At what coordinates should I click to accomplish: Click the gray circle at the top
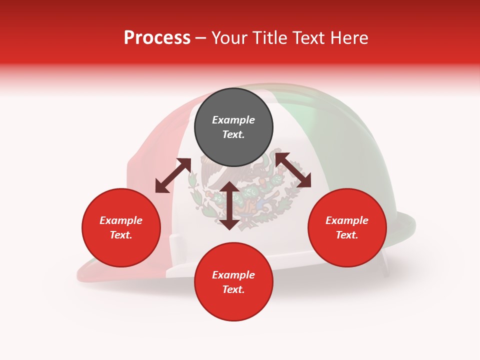click(233, 127)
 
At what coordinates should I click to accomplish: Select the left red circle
click(121, 227)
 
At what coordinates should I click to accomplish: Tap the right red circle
click(347, 227)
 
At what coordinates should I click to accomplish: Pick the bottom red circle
click(233, 282)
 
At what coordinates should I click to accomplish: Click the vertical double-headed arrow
click(229, 205)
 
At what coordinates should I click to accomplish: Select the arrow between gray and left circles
click(173, 175)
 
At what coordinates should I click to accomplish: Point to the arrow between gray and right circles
click(292, 170)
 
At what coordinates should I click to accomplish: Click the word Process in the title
click(157, 37)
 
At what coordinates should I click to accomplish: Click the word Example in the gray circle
click(233, 120)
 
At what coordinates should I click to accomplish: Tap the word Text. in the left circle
click(121, 235)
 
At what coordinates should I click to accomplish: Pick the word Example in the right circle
click(347, 220)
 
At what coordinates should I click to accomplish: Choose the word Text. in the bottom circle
click(233, 289)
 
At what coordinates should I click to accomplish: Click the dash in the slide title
click(201, 38)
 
